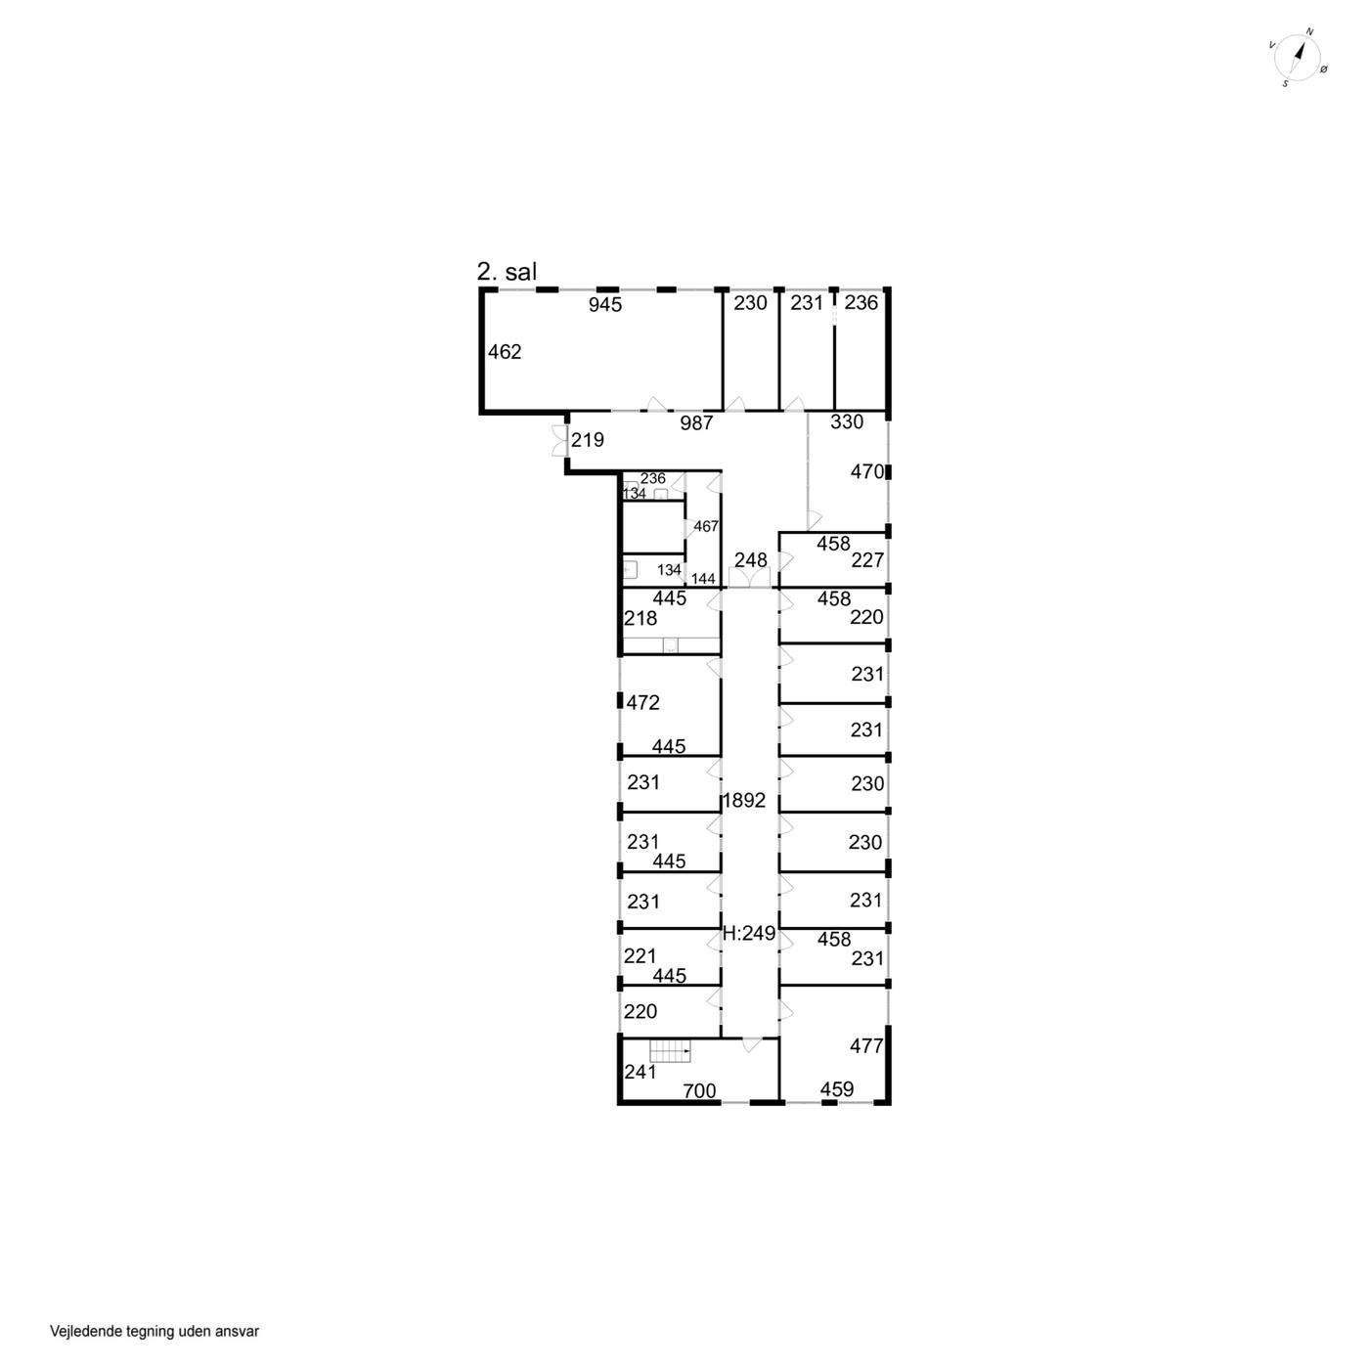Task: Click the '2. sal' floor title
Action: coord(507,272)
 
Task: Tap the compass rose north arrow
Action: coord(1300,56)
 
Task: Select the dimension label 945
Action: coord(605,305)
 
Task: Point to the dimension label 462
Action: coord(505,352)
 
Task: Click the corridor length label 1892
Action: coord(744,801)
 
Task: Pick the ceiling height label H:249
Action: coord(749,934)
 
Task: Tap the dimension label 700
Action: coord(699,1090)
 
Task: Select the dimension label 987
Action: coord(696,423)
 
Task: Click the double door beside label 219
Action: coord(559,440)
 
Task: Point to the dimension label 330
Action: coord(847,422)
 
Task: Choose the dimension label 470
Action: coord(867,471)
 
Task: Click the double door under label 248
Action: coord(750,578)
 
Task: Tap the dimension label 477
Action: coord(866,1045)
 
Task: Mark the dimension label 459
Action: coord(837,1089)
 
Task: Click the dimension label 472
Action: coord(642,703)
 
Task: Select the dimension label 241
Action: coord(640,1072)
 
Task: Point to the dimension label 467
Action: coord(706,526)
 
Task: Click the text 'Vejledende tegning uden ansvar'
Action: coord(155,1331)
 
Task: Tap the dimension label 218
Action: coord(640,619)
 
